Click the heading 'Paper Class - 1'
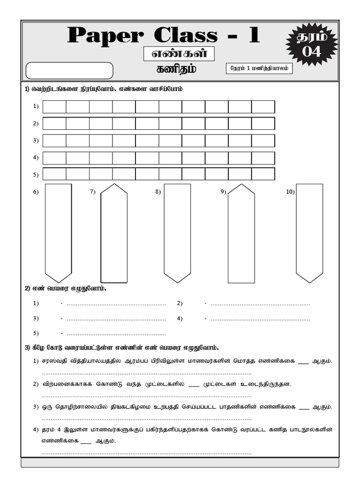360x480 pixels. click(x=163, y=36)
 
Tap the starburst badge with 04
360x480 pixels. click(x=311, y=45)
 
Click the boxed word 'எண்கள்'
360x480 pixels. click(x=179, y=54)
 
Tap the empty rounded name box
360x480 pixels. click(x=69, y=71)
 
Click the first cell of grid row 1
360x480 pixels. click(x=54, y=107)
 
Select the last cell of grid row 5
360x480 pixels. click(x=263, y=174)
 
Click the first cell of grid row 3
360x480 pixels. click(x=54, y=141)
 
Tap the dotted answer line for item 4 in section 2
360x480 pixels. click(x=260, y=319)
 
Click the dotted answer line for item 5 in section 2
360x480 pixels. click(x=116, y=334)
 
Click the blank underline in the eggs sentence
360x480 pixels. click(x=194, y=384)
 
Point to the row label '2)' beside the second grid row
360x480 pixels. click(x=36, y=124)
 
